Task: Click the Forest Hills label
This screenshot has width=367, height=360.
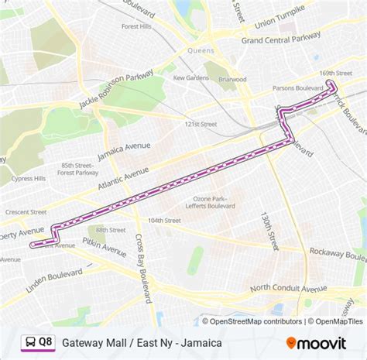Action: point(135,26)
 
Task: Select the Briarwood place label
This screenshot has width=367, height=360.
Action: point(232,79)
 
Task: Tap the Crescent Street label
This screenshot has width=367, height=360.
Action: point(27,212)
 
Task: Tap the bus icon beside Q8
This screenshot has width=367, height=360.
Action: point(29,341)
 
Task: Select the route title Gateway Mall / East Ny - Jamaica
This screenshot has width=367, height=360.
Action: point(142,342)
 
